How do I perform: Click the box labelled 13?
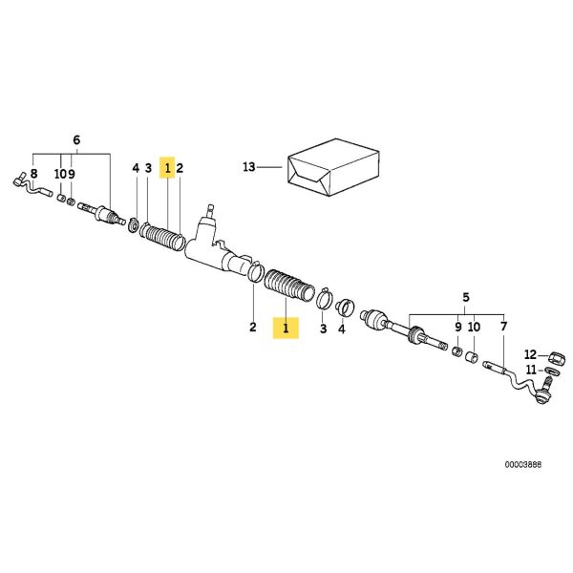333,167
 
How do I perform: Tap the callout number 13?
249,167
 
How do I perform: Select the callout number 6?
76,139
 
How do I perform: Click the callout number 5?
466,297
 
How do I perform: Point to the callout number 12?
530,354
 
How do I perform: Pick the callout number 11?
531,370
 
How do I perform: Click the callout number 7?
503,327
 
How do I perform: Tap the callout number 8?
34,173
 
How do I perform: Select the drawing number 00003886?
523,465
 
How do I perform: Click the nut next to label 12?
557,357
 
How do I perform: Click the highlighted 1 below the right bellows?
286,328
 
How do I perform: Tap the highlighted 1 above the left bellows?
167,168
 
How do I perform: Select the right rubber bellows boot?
288,285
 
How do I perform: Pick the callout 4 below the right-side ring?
341,329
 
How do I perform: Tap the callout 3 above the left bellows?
148,168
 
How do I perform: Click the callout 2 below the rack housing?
253,327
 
